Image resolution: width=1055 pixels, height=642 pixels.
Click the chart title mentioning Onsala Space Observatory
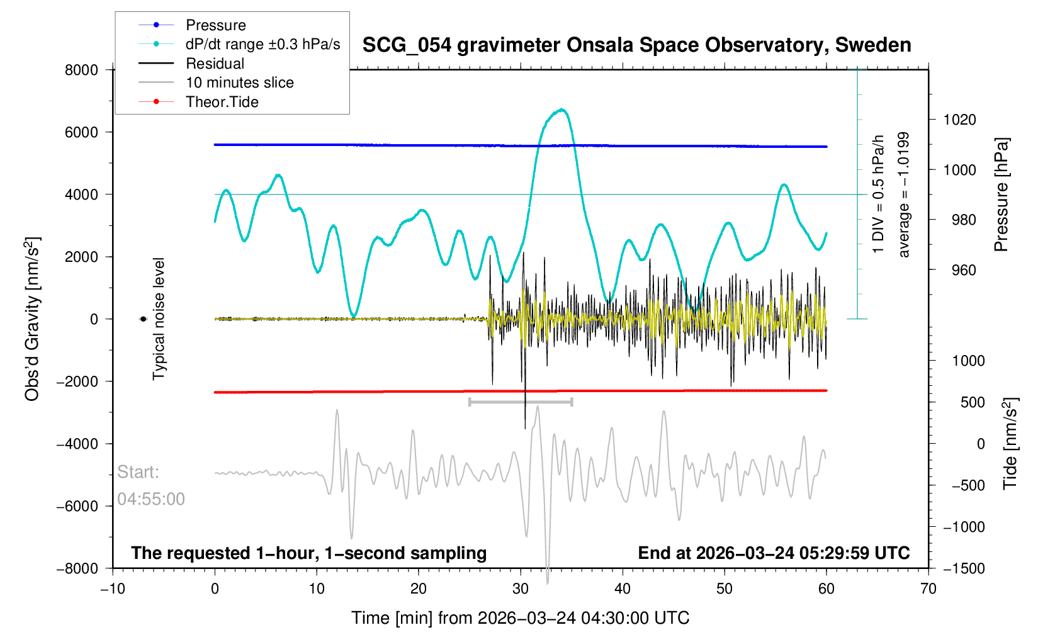636,45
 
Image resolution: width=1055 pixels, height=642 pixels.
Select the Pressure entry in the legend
215,25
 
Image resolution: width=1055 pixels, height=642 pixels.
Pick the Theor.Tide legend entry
222,102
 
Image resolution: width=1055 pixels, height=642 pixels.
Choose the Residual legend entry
215,64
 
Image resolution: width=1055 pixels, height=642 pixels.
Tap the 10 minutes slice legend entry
239,82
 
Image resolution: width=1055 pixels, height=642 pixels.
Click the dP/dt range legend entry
262,44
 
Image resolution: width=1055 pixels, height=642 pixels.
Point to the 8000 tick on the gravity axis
82,70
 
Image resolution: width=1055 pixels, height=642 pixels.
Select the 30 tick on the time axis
521,589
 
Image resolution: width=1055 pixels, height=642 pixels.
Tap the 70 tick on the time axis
928,589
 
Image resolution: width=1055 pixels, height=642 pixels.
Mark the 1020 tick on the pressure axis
959,120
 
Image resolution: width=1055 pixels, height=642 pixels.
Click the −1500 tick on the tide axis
964,568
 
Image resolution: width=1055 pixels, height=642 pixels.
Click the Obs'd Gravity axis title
32,319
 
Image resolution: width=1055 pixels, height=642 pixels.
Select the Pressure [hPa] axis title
1001,195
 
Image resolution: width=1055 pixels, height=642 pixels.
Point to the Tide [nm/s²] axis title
1010,444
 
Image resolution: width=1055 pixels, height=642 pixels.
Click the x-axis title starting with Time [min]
520,618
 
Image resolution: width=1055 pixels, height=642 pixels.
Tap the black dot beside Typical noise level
143,319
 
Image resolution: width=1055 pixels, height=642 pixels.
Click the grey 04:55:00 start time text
151,499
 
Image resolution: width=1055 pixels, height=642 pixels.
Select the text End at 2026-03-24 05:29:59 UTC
774,553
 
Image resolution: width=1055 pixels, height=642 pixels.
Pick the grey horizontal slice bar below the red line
521,402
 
